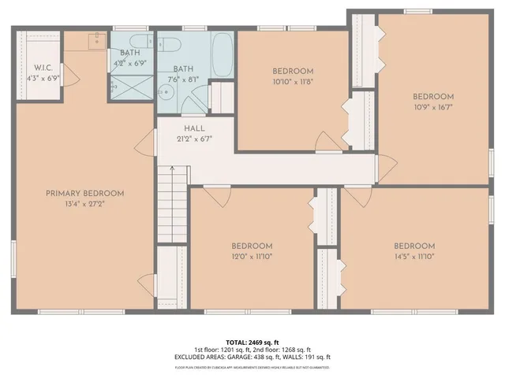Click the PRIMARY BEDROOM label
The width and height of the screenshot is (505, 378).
(x=84, y=194)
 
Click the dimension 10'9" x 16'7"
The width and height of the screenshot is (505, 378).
(x=434, y=107)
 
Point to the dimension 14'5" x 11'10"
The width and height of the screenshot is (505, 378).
(x=413, y=256)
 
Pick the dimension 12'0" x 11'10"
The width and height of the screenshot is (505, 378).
(x=252, y=256)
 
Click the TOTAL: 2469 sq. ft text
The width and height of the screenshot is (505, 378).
(x=252, y=342)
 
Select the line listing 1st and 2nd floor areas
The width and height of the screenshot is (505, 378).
(x=252, y=350)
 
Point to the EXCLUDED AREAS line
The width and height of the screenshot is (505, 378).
(x=252, y=358)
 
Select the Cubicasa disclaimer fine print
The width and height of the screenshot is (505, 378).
(x=252, y=367)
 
